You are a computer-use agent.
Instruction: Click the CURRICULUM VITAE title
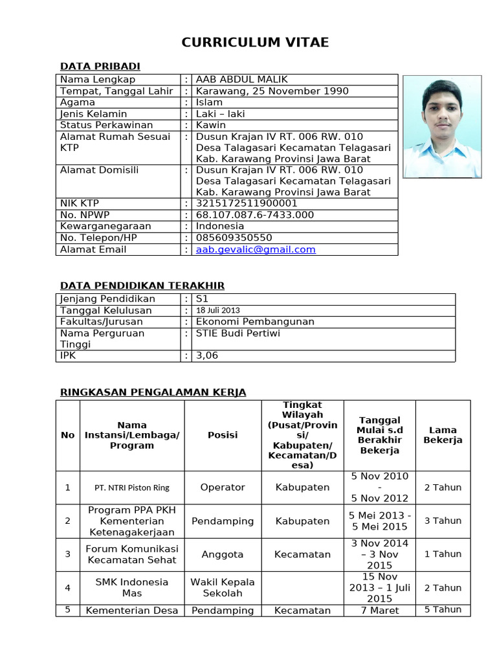click(255, 43)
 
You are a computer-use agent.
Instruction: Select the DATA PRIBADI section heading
click(100, 66)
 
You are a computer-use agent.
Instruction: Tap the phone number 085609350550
click(234, 238)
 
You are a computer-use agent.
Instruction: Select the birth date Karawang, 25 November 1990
click(272, 91)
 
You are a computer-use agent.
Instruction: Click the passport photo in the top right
click(442, 126)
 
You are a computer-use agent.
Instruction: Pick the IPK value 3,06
click(207, 355)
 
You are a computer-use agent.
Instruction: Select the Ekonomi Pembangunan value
click(255, 322)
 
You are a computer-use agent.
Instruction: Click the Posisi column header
click(223, 435)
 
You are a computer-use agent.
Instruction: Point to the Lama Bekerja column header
click(443, 435)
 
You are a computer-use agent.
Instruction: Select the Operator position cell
click(223, 488)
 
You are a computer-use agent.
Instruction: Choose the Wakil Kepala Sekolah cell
click(223, 587)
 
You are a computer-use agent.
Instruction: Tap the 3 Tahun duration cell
click(443, 521)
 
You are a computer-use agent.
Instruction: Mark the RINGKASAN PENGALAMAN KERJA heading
click(153, 392)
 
